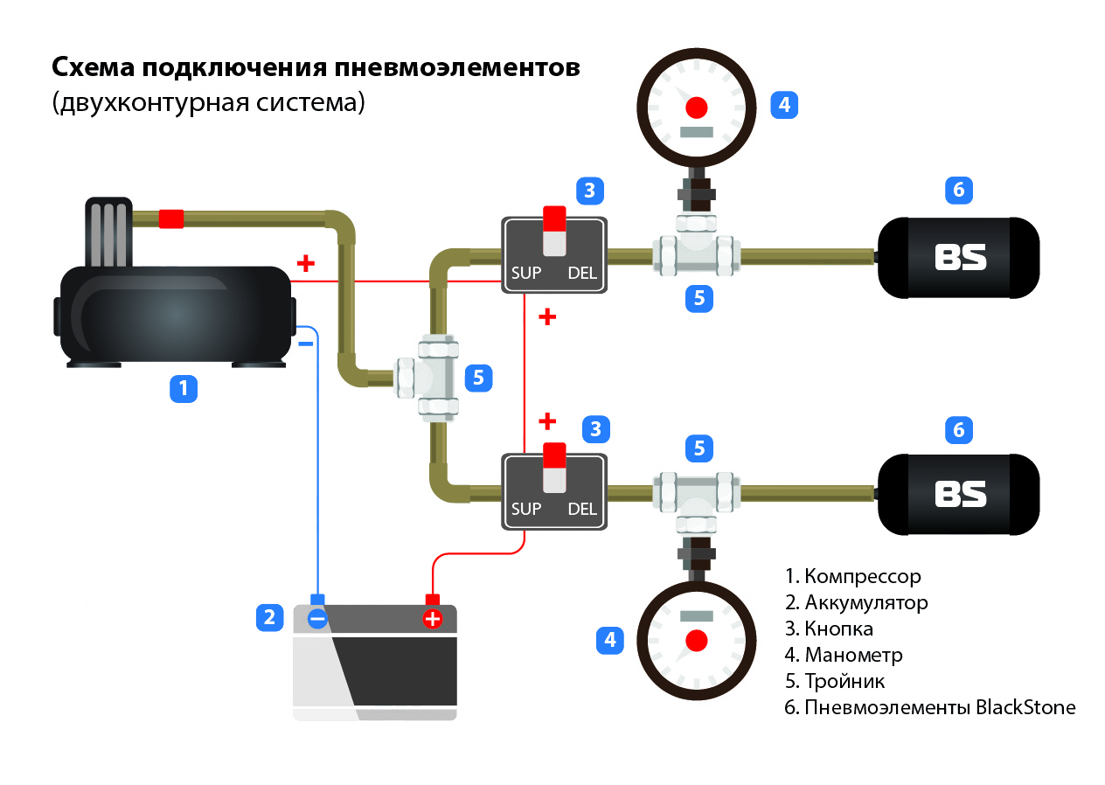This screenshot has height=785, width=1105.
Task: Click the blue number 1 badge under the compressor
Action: click(183, 388)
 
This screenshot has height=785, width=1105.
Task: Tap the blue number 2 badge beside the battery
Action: click(269, 618)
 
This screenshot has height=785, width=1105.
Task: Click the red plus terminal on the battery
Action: click(432, 619)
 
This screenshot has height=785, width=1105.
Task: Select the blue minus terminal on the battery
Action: click(317, 619)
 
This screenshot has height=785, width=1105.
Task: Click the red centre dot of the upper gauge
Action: click(696, 108)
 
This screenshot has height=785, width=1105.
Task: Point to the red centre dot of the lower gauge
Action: click(696, 639)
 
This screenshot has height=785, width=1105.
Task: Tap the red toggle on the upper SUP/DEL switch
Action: click(554, 218)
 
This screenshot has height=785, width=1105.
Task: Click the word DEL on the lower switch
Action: click(581, 509)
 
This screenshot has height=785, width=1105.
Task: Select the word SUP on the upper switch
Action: click(526, 273)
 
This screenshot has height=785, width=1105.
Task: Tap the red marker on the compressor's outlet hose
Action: click(171, 219)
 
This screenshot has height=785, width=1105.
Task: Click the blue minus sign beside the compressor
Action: click(305, 344)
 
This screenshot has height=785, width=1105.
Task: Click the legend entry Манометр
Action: click(852, 655)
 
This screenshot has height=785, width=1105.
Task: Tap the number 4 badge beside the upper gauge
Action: click(784, 105)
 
